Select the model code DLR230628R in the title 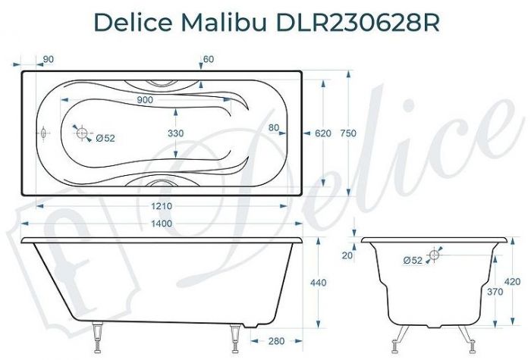coord(352,23)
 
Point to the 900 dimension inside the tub coord(146,100)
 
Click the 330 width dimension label coord(176,133)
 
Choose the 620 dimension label coord(322,133)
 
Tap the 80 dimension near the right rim coord(274,127)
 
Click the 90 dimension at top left coord(48,60)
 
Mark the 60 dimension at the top coord(209,60)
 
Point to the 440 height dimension coord(319,283)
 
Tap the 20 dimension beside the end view coord(347,255)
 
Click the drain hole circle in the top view coord(81,133)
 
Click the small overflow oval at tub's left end coord(45,133)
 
